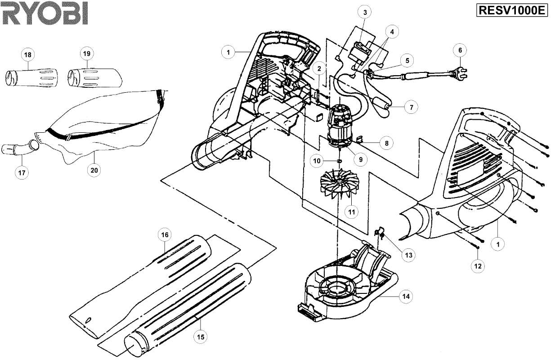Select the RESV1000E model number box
(512, 11)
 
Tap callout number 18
(28, 55)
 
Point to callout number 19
(87, 54)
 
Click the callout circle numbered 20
(94, 171)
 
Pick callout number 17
(22, 172)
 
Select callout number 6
(460, 50)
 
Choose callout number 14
(406, 296)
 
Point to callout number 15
(201, 337)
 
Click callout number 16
(165, 235)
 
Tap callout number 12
(478, 266)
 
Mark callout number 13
(408, 255)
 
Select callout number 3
(365, 13)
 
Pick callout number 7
(411, 108)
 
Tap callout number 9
(361, 160)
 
